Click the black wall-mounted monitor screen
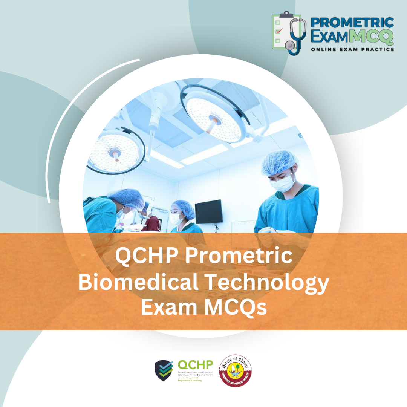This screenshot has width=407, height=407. tap(208, 211)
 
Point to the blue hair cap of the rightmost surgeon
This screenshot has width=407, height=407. tap(279, 161)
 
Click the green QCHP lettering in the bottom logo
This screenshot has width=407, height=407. tap(195, 365)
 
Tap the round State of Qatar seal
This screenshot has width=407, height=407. tap(236, 370)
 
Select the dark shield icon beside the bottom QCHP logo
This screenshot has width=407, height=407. tap(164, 370)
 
